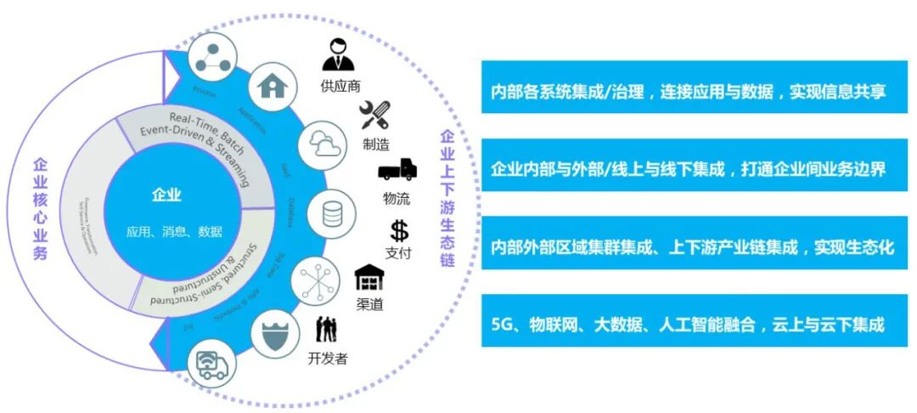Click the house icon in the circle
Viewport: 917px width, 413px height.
coord(273,88)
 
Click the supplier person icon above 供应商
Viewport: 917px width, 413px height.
coord(340,57)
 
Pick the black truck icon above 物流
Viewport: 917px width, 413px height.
coord(397,170)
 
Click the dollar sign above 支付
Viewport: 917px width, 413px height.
coord(399,230)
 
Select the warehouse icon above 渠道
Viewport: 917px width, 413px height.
coord(369,278)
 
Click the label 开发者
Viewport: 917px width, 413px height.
coord(327,358)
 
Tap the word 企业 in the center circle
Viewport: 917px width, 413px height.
coord(166,195)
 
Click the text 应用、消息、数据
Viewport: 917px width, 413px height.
coord(174,231)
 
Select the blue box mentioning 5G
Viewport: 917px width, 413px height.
coord(689,324)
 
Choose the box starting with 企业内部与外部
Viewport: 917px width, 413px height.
coord(689,169)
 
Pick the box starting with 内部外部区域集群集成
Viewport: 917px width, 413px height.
coord(689,246)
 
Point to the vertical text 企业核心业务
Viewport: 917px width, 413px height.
coord(40,208)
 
